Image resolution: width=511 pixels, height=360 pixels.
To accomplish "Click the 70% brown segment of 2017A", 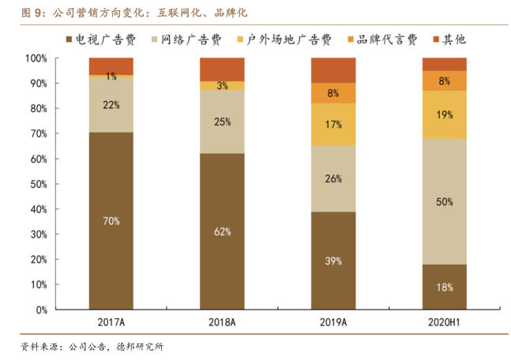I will point(111,221).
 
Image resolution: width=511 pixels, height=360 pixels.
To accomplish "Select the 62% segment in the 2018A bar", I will point(222,231).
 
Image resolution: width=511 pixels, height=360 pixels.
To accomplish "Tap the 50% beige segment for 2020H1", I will point(444,201).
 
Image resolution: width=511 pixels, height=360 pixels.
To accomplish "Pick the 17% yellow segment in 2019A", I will point(333,124).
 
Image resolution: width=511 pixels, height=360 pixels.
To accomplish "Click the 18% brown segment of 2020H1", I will point(444,287).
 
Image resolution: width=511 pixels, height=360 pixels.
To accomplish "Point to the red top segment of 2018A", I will point(222,69).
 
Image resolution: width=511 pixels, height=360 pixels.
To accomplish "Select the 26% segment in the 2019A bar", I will point(333,178).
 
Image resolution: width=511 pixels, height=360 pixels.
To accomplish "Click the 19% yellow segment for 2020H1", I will point(444,114).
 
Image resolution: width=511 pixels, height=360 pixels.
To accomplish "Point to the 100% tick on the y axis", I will point(37,58).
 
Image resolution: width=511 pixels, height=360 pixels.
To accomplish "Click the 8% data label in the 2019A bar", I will point(333,93).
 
